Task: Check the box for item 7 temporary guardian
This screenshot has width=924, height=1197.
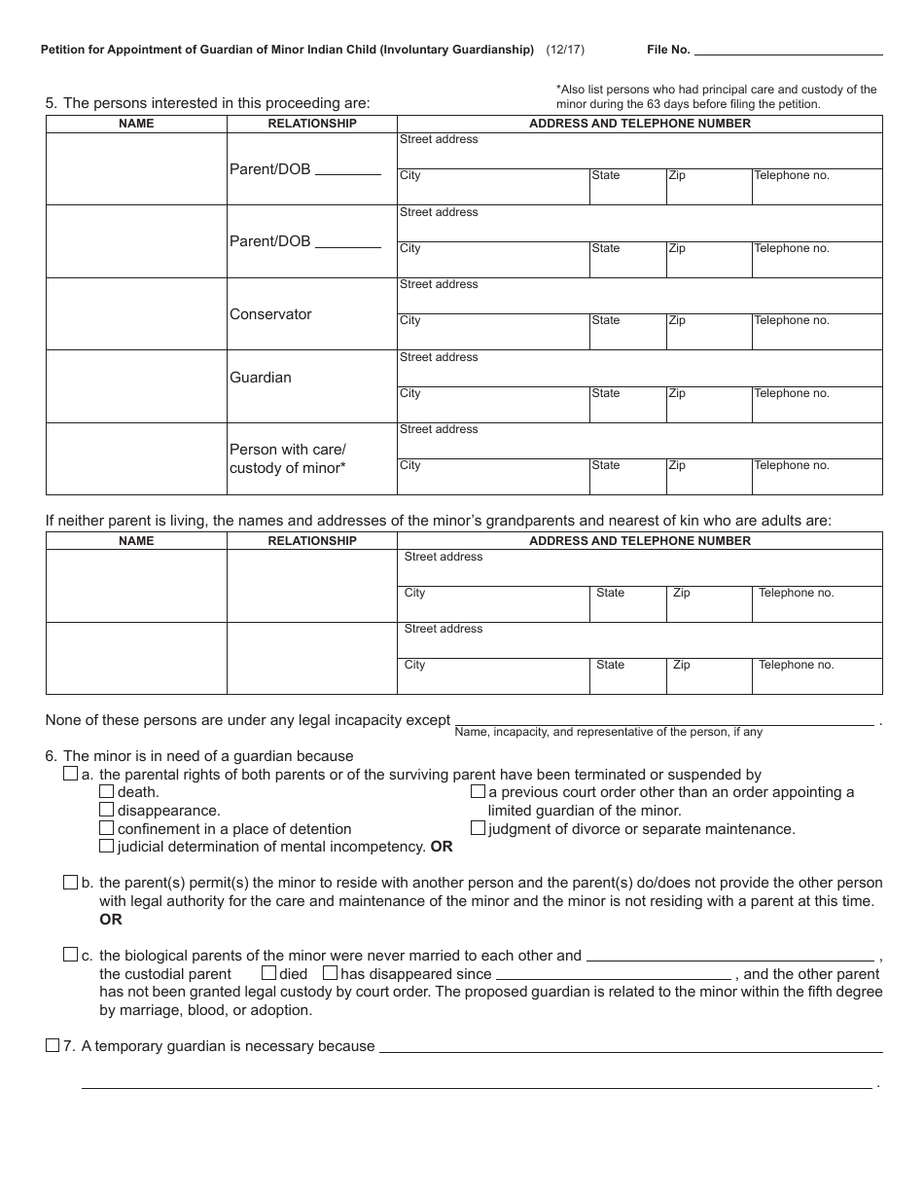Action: pyautogui.click(x=53, y=1046)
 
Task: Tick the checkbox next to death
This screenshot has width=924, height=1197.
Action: pyautogui.click(x=106, y=792)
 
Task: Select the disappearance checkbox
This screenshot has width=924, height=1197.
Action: pyautogui.click(x=106, y=810)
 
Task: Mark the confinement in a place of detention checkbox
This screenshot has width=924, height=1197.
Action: pyautogui.click(x=106, y=828)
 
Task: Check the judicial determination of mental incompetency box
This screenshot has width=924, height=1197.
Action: pyautogui.click(x=106, y=846)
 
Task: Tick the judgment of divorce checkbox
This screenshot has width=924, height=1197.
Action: pyautogui.click(x=478, y=828)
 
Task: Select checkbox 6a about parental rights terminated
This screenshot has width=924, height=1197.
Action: pyautogui.click(x=70, y=775)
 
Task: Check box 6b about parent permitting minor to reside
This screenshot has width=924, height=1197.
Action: pyautogui.click(x=70, y=883)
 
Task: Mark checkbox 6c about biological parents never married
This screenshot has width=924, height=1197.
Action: pyautogui.click(x=70, y=955)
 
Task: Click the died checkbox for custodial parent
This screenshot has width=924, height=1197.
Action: pyautogui.click(x=268, y=973)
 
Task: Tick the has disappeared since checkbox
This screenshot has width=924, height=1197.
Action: pyautogui.click(x=330, y=973)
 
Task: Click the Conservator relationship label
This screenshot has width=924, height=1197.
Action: pyautogui.click(x=270, y=314)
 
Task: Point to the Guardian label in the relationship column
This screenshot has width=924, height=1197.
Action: pyautogui.click(x=260, y=378)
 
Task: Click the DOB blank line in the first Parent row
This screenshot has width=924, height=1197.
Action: pyautogui.click(x=347, y=171)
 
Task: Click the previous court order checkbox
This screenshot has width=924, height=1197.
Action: pyautogui.click(x=478, y=792)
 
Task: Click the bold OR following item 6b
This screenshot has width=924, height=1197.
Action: pyautogui.click(x=111, y=920)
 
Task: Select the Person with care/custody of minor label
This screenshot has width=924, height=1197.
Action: pyautogui.click(x=287, y=458)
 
